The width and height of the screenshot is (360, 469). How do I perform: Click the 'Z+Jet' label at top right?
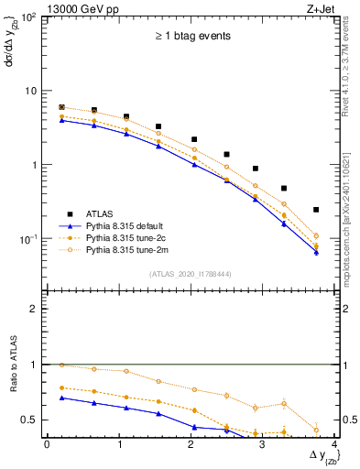tap(320, 8)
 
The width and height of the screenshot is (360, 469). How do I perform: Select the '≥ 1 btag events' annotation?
tap(191, 36)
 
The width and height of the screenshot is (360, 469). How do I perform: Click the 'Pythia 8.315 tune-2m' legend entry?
tap(129, 249)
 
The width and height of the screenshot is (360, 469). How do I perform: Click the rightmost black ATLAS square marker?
tap(316, 210)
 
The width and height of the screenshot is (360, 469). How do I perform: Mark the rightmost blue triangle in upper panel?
tap(316, 252)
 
